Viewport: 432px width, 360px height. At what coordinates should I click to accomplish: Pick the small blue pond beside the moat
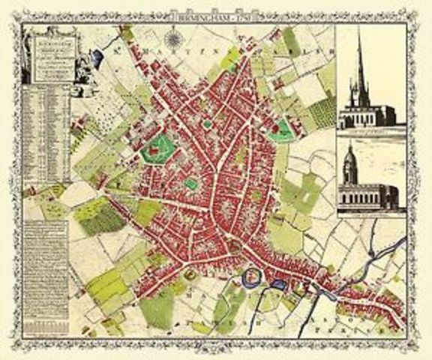pyautogui.click(x=277, y=284)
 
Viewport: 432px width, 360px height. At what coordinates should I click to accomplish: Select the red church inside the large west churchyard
pyautogui.click(x=154, y=149)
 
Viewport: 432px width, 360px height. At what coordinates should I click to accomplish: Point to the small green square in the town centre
pyautogui.click(x=192, y=184)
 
